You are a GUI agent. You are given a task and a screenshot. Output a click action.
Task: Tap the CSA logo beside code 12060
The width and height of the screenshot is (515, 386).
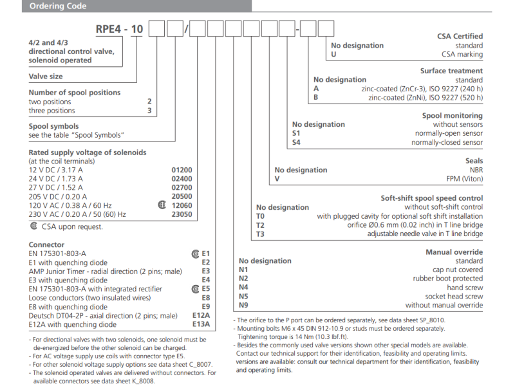(x=162, y=206)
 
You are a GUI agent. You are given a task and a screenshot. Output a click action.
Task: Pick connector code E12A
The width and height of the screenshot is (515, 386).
(x=201, y=315)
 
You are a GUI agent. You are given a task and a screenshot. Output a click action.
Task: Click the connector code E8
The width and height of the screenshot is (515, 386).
(x=206, y=298)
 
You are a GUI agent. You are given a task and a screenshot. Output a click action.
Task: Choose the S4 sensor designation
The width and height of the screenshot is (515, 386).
(x=296, y=142)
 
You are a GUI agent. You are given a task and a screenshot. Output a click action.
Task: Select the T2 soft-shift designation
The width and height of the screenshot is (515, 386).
(x=260, y=225)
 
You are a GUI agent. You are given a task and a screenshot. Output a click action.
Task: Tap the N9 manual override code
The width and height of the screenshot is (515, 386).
(x=243, y=305)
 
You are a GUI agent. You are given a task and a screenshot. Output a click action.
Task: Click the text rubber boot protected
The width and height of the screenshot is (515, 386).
(x=447, y=279)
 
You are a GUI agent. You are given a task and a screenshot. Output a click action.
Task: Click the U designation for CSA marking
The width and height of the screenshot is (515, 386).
(x=333, y=55)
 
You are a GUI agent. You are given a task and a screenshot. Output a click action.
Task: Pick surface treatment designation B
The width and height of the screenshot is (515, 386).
(x=316, y=98)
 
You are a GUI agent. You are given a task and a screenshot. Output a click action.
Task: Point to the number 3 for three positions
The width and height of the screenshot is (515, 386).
(x=149, y=111)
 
